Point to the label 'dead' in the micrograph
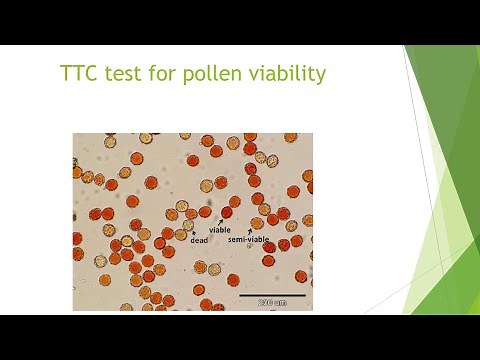click(200, 239)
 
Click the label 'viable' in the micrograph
click(219, 229)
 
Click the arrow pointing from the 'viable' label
click(222, 220)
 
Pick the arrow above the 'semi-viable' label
click(250, 231)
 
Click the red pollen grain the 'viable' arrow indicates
click(227, 212)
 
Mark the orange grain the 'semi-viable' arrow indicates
click(256, 223)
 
